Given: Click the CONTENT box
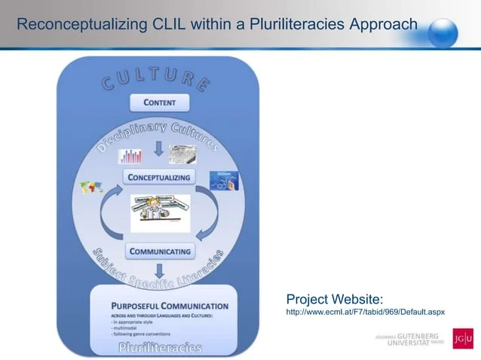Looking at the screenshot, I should (x=159, y=102).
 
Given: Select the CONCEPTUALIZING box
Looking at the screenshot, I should (x=159, y=177).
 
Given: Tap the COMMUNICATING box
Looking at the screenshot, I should (x=160, y=251).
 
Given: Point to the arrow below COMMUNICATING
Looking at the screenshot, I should (x=159, y=271).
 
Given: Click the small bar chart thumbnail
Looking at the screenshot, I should (x=130, y=156).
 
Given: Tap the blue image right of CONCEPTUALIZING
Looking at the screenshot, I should (x=225, y=181).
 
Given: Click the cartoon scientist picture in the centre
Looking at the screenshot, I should (x=160, y=213).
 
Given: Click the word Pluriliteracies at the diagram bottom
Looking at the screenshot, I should (x=160, y=347).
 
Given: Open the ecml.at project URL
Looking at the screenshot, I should (x=365, y=311).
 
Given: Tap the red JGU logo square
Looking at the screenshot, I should (x=463, y=339).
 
